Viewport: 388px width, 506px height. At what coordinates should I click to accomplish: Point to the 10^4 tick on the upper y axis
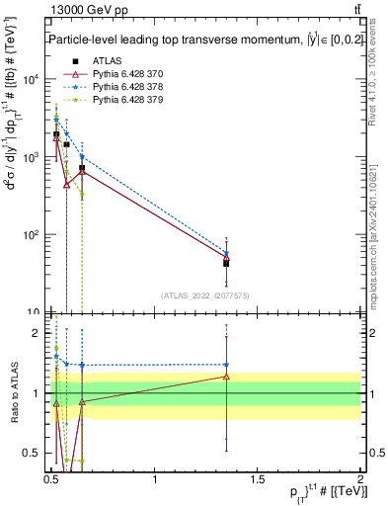(x=33, y=79)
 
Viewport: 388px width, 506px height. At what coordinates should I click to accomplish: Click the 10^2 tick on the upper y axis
(x=33, y=235)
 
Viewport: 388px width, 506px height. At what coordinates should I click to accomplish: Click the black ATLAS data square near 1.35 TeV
(x=226, y=263)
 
